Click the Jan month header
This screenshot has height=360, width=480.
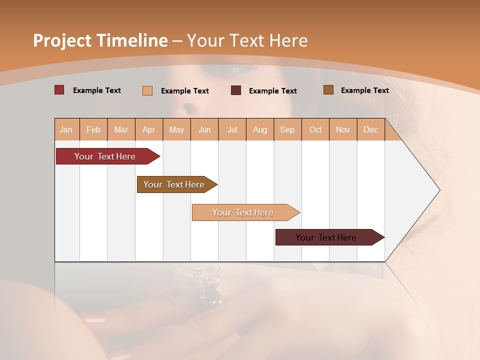click(x=66, y=129)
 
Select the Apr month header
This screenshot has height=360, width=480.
click(x=149, y=129)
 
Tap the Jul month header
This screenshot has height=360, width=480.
click(x=232, y=129)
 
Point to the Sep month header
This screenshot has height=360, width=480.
click(x=287, y=129)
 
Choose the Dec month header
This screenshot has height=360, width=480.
click(x=370, y=129)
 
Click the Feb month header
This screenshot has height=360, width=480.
click(x=93, y=129)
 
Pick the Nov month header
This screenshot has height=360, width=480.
click(x=343, y=129)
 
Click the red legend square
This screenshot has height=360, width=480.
click(x=59, y=90)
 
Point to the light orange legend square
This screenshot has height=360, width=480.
click(x=147, y=90)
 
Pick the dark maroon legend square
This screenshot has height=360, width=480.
click(x=236, y=90)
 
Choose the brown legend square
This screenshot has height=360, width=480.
click(x=328, y=90)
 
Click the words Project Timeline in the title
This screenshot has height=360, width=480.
click(x=100, y=40)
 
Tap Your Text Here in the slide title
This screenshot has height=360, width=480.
click(x=247, y=40)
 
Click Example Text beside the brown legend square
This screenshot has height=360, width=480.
click(x=364, y=90)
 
